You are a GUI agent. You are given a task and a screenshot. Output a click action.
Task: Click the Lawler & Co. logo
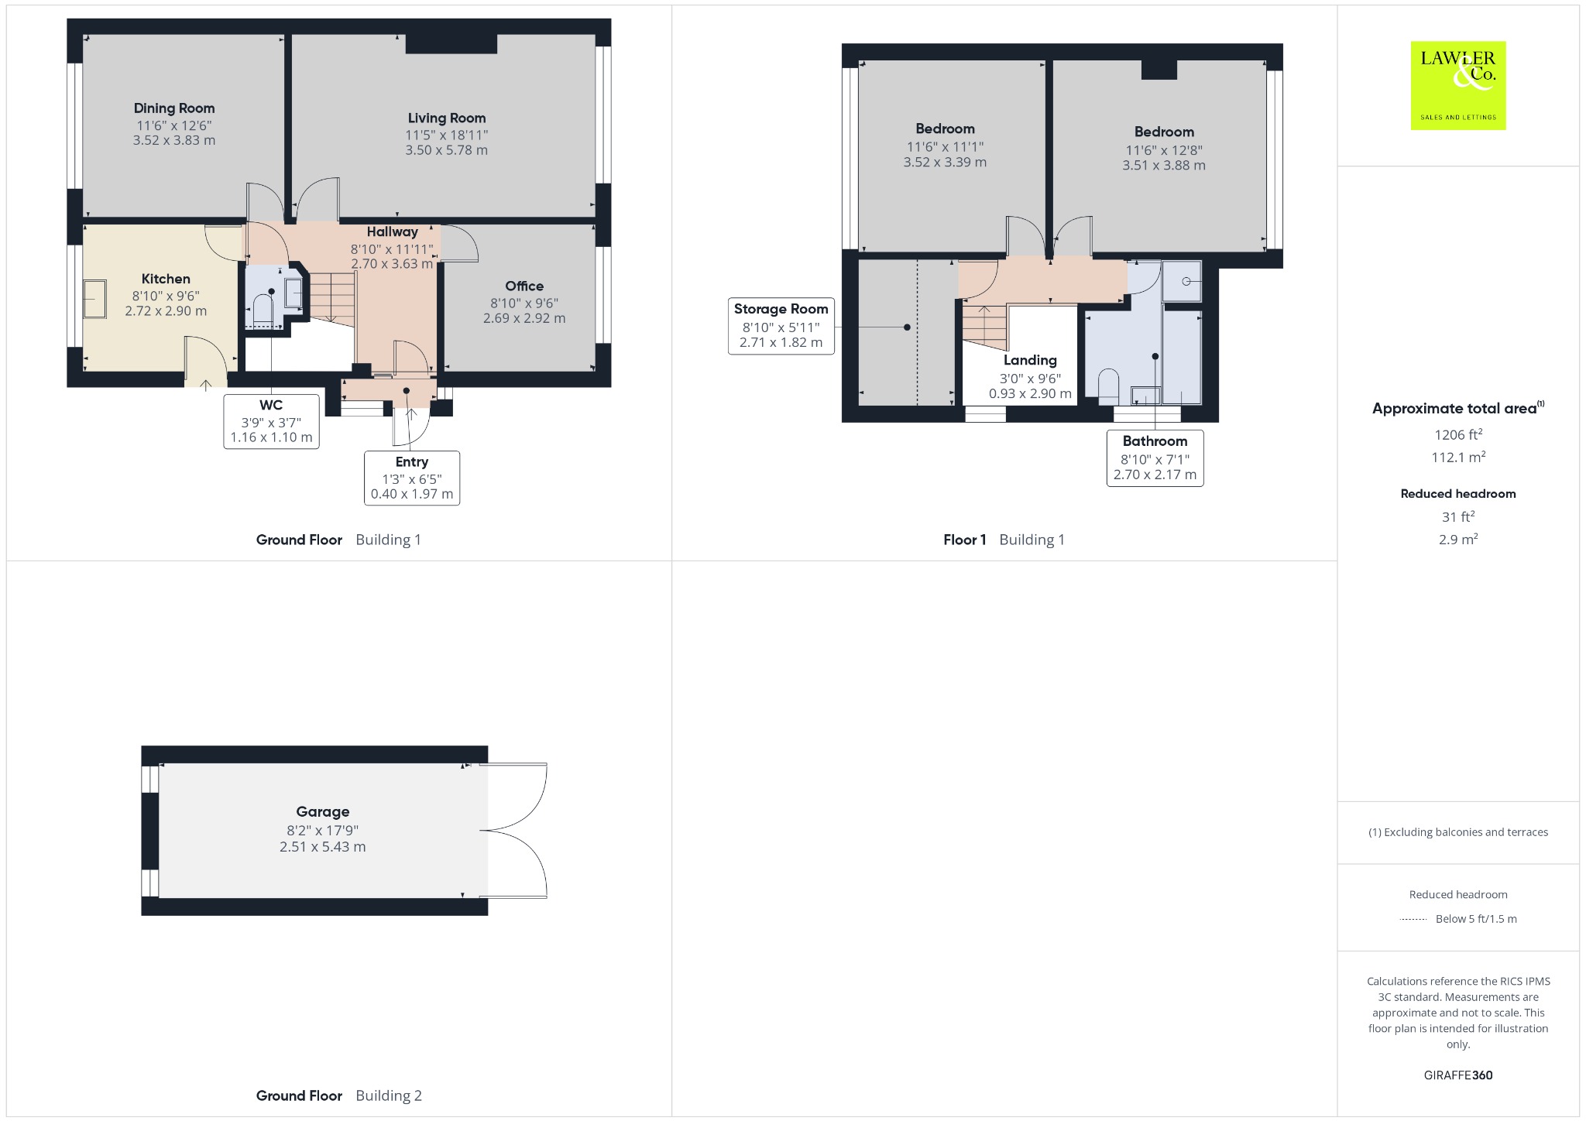[x=1457, y=85]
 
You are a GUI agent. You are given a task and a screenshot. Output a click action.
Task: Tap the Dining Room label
[x=174, y=108]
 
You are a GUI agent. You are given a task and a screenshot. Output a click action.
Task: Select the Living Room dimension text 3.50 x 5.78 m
[x=447, y=150]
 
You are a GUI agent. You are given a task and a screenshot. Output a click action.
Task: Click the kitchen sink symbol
[x=95, y=299]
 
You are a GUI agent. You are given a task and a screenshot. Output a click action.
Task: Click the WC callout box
[x=271, y=421]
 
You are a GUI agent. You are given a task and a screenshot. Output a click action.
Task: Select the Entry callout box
[x=412, y=478]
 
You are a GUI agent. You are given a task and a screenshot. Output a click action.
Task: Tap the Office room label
[x=524, y=286]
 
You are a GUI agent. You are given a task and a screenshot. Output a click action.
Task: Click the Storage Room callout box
[x=781, y=326]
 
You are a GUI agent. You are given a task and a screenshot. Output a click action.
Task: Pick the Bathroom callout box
[x=1155, y=458]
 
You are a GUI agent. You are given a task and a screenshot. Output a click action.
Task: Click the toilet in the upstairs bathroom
[x=1109, y=386]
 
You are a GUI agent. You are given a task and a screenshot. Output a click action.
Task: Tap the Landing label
[x=1030, y=360]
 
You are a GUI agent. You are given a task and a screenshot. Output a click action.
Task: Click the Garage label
[x=323, y=812]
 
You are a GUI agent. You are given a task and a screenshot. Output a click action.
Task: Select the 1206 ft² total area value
[x=1458, y=434]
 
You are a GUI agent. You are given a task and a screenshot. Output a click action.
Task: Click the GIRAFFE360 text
[x=1458, y=1075]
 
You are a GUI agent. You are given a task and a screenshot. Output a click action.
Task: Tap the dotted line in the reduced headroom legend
[x=1413, y=920]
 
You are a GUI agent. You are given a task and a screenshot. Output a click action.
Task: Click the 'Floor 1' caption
[x=964, y=540]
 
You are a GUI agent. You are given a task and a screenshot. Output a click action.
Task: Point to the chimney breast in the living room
[x=451, y=44]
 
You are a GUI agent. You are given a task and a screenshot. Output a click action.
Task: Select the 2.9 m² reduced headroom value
[x=1458, y=539]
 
